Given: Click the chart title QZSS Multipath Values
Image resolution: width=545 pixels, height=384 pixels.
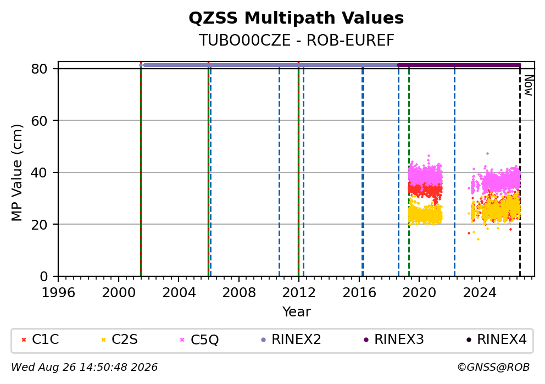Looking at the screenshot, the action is [296, 18].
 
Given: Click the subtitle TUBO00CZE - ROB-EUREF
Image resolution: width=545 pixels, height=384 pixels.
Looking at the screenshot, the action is [296, 41].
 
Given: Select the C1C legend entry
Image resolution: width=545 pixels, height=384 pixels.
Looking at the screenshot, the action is [40, 340].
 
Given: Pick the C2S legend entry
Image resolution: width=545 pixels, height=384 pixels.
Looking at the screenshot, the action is [119, 340].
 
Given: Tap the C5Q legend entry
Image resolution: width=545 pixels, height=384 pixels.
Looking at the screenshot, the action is [199, 340].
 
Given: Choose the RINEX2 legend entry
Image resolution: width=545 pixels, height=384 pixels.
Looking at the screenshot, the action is [291, 340].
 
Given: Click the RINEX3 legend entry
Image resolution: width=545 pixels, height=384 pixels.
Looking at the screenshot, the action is [394, 340].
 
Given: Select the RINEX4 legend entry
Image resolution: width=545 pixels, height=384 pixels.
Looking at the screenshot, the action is [497, 340].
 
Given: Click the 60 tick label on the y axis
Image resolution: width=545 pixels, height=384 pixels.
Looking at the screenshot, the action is [39, 121].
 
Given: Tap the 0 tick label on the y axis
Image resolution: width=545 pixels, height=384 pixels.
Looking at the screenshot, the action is [43, 277].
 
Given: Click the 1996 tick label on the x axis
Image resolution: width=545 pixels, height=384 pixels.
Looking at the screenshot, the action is [58, 293].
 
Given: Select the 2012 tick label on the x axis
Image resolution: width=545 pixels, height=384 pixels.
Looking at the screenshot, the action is [298, 293].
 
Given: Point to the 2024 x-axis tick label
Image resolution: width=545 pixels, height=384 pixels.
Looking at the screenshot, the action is [479, 293].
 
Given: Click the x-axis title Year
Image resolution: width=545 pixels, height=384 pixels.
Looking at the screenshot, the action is [296, 311].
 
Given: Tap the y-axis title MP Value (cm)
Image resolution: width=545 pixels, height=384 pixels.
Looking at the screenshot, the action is [16, 172].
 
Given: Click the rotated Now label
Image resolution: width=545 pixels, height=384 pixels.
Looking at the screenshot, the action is [529, 86].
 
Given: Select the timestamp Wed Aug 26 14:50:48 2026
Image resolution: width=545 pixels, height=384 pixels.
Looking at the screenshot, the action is [85, 368].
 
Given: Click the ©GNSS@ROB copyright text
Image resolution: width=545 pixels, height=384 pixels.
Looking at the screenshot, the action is [493, 368].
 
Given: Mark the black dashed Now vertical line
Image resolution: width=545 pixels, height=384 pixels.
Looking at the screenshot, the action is [520, 171].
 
